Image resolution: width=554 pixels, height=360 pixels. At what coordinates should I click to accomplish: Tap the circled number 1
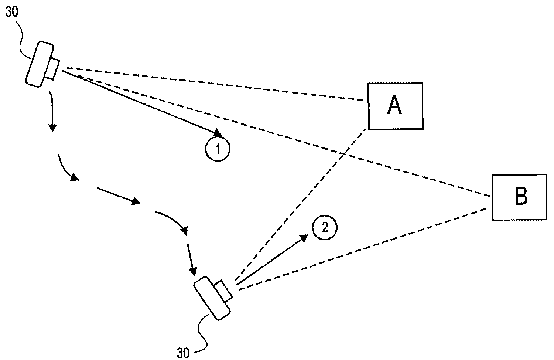tap(218, 149)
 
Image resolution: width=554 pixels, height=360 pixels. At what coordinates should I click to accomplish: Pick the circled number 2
tap(325, 227)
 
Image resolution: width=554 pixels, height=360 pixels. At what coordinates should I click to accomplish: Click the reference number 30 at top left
tap(12, 11)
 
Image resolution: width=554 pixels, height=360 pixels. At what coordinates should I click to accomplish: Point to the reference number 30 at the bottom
tap(183, 353)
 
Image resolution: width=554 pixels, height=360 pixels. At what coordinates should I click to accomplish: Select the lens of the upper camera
tap(53, 69)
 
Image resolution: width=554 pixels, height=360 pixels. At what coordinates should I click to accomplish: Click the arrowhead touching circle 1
tap(218, 133)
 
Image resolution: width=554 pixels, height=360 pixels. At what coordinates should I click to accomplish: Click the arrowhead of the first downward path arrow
tap(52, 128)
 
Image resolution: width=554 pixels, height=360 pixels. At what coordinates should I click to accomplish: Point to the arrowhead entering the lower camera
tap(193, 271)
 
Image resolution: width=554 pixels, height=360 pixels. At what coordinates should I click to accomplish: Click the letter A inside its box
tap(394, 105)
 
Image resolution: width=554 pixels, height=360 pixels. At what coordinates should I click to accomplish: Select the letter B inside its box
tap(521, 196)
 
